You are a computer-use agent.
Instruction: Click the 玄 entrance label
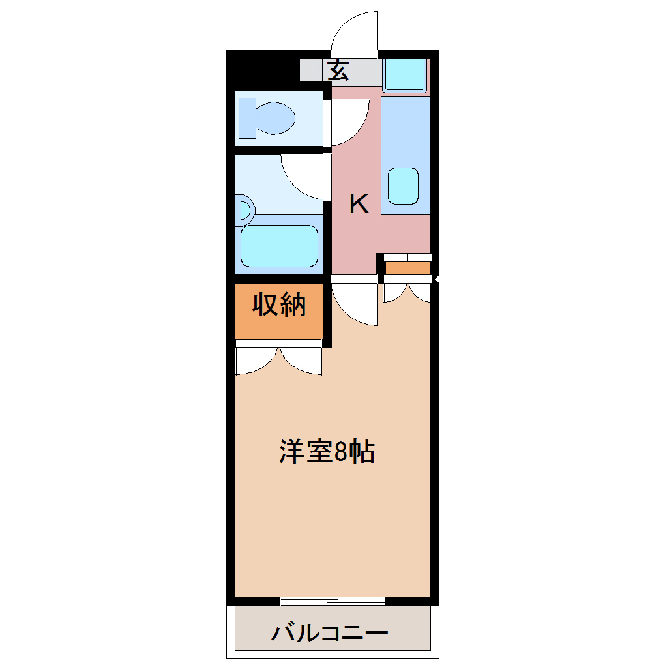[338, 70]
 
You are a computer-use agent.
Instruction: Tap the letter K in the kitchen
[359, 205]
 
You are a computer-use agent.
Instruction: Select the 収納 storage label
[279, 305]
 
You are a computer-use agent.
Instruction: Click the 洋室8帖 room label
[327, 451]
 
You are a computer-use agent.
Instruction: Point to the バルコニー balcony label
[330, 632]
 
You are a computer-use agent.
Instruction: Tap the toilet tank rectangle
[247, 118]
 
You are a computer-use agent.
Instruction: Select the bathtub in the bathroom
[279, 246]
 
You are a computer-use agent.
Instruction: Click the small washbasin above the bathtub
[245, 210]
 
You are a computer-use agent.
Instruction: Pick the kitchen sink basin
[403, 186]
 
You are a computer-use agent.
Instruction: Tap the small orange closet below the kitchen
[407, 268]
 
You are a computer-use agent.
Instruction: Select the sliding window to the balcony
[332, 600]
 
